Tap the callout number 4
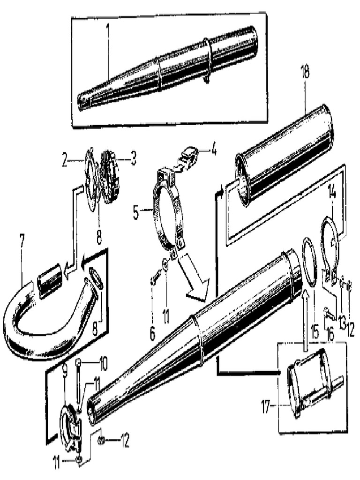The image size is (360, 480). click(214, 150)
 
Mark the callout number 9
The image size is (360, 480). click(65, 370)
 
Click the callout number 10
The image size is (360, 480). click(103, 363)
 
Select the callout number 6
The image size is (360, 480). click(152, 333)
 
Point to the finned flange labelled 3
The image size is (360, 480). click(111, 177)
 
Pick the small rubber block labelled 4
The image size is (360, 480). click(189, 156)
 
